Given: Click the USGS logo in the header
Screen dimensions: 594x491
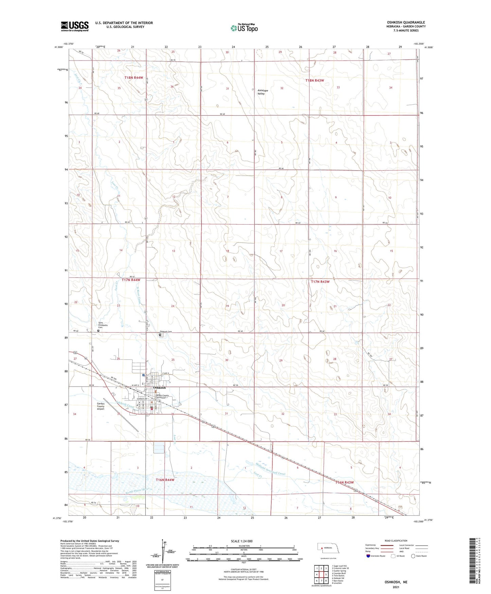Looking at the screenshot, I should pos(75,26).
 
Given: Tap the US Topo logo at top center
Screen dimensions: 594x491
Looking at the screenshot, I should pos(244,28).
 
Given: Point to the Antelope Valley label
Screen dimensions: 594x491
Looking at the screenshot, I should pos(261,92).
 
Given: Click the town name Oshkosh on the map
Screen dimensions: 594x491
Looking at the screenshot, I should pos(159,387).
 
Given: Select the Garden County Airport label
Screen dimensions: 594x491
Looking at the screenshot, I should pos(101,406).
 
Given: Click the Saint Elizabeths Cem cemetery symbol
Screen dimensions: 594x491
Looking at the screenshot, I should pos(99,330).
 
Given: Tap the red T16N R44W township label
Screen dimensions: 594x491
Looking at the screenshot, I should pos(165,480).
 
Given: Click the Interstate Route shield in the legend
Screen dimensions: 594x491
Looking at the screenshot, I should pos(369,556).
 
